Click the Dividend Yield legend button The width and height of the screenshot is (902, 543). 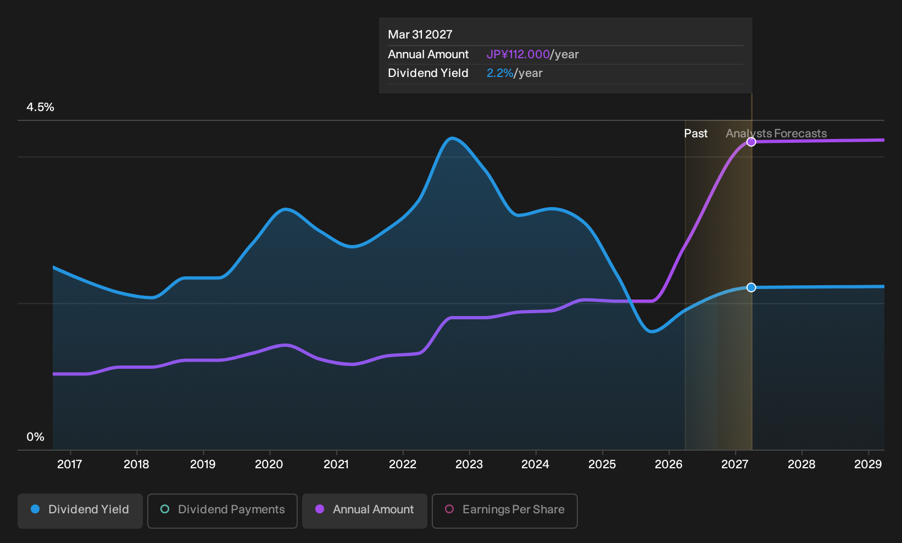(80, 511)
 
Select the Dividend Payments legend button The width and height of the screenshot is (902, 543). (222, 511)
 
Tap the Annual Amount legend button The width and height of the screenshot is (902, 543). (364, 511)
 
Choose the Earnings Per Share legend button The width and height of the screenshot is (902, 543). (504, 511)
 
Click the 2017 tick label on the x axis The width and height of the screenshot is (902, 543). (70, 464)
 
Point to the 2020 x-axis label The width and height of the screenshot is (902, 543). (269, 464)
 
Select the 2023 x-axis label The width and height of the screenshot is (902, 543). (469, 464)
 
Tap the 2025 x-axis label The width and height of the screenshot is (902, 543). (602, 464)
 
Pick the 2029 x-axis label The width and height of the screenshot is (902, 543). (868, 464)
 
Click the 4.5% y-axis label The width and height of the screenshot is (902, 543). (40, 107)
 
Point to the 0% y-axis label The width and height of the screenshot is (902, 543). (36, 437)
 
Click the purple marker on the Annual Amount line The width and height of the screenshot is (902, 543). (751, 142)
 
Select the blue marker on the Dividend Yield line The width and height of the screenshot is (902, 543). (751, 287)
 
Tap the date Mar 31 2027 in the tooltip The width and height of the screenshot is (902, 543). (420, 35)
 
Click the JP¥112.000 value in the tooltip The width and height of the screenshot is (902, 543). (518, 54)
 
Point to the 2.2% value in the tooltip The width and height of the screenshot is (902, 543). (500, 73)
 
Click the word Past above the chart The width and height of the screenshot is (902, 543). (696, 134)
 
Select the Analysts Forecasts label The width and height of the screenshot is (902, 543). (776, 134)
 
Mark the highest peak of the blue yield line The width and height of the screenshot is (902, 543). (452, 138)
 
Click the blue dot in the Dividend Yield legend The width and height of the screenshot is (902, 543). (36, 509)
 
